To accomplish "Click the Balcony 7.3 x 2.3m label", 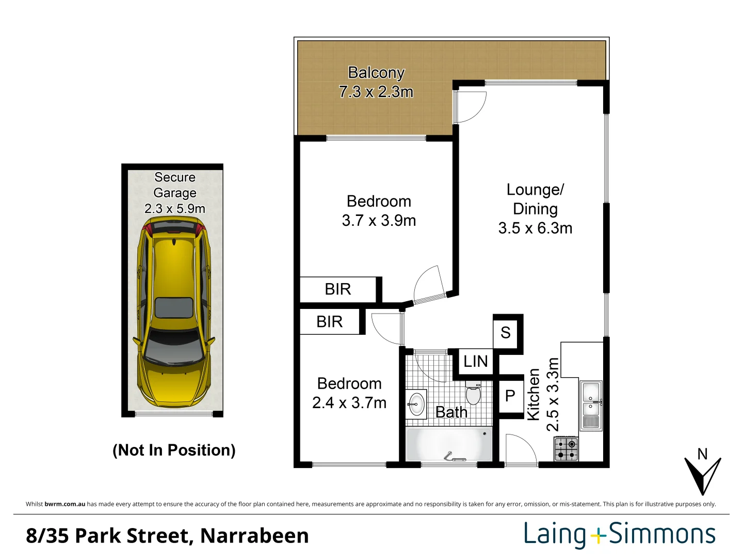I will coord(376,82).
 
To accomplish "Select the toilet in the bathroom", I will coord(473,394).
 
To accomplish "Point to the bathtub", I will coord(449,444).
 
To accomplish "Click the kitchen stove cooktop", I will coord(566,449).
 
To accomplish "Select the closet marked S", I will coord(506,332).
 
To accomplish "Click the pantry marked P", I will coord(510,396).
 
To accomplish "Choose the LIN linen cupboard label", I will coord(475,361).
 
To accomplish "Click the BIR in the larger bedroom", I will coord(338,289).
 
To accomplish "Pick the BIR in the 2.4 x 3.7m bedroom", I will coord(330,322).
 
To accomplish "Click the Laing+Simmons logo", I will coord(620,535).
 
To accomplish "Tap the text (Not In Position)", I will coord(174,450).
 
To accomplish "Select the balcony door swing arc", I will coord(471,107).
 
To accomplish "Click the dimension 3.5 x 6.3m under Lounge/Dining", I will coord(535,228).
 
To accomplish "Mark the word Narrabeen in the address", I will coord(254,536).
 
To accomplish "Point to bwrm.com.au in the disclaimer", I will coord(65,504).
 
